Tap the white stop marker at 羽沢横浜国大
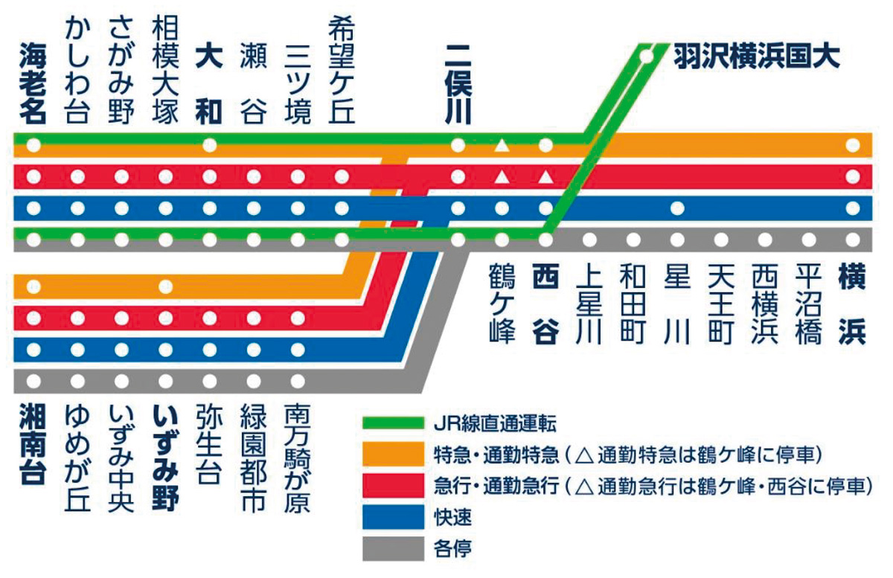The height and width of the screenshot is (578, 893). [647, 55]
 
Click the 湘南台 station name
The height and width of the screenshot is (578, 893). [33, 445]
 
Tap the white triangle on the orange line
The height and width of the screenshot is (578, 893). [502, 145]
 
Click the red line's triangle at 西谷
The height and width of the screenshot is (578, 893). [545, 177]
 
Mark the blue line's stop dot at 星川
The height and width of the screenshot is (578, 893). [677, 208]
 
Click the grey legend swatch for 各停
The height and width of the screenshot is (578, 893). [392, 549]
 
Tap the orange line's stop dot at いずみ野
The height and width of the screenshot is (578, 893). [165, 286]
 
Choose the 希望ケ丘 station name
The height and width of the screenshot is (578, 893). [342, 71]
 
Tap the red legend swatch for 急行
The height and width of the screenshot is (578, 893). [392, 487]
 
